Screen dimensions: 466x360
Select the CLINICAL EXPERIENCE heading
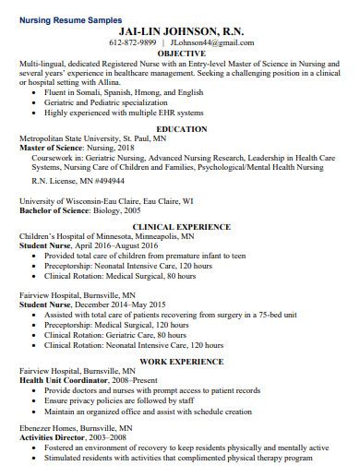pyautogui.click(x=180, y=226)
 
